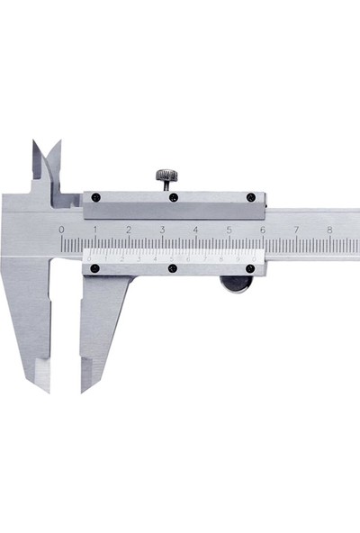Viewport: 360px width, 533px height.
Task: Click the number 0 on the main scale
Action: pyautogui.click(x=61, y=230)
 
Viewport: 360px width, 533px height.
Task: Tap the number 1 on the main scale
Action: pyautogui.click(x=94, y=230)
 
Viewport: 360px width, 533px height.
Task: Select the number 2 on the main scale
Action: pyautogui.click(x=128, y=230)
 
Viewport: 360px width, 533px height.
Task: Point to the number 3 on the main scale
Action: pyautogui.click(x=162, y=230)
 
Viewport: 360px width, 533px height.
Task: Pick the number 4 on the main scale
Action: pyautogui.click(x=195, y=230)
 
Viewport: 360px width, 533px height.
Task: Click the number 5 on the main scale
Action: pyautogui.click(x=229, y=230)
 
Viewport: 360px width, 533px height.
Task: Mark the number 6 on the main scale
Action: pyautogui.click(x=263, y=230)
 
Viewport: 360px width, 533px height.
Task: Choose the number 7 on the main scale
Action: pyautogui.click(x=296, y=230)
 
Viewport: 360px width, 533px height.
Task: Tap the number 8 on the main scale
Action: pyautogui.click(x=329, y=230)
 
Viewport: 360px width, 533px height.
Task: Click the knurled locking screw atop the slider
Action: pyautogui.click(x=166, y=176)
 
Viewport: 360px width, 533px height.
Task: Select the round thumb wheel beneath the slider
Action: pyautogui.click(x=237, y=284)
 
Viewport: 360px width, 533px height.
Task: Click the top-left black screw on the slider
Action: pyautogui.click(x=95, y=197)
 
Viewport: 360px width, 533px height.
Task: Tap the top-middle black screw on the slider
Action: pyautogui.click(x=173, y=197)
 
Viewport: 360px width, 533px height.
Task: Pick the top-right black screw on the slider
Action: pyautogui.click(x=251, y=197)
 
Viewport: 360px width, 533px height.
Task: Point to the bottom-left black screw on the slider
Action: pyautogui.click(x=94, y=268)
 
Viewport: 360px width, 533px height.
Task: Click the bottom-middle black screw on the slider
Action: pyautogui.click(x=173, y=268)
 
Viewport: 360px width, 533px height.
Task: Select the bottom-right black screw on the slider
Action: pyautogui.click(x=251, y=268)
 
